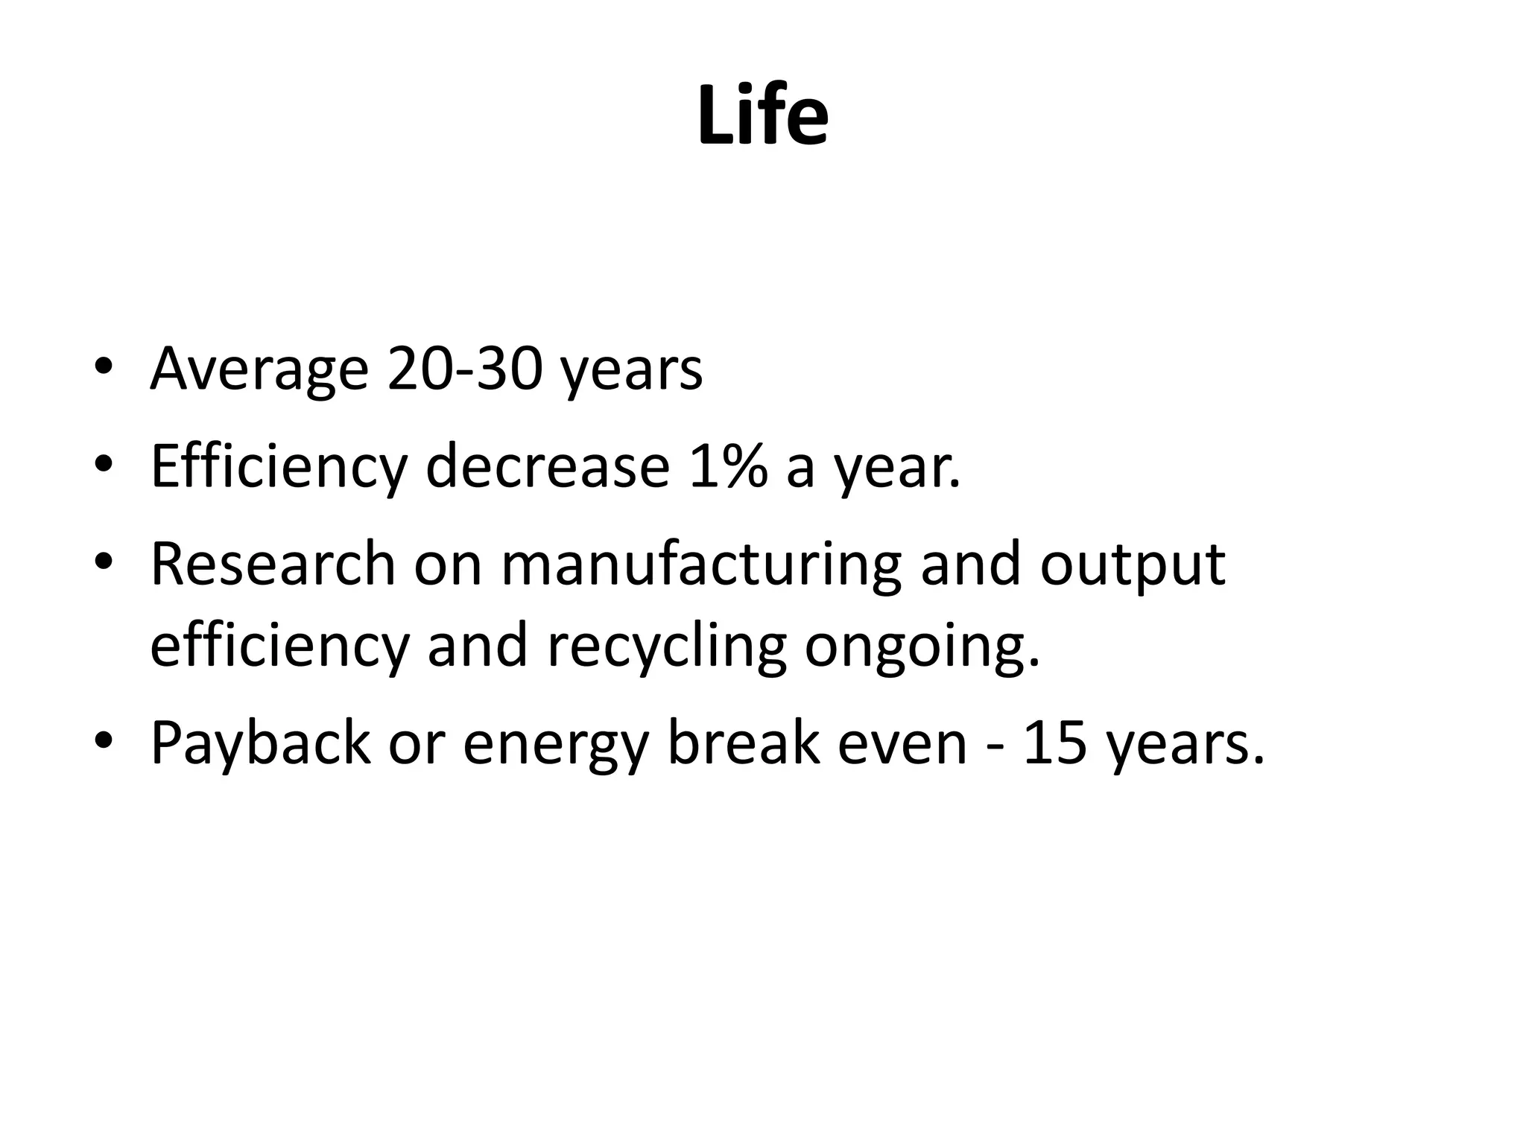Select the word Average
tap(259, 370)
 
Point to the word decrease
tap(548, 467)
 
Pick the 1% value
tap(728, 467)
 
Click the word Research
tap(273, 564)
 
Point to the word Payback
tap(260, 745)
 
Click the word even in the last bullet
tap(902, 745)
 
